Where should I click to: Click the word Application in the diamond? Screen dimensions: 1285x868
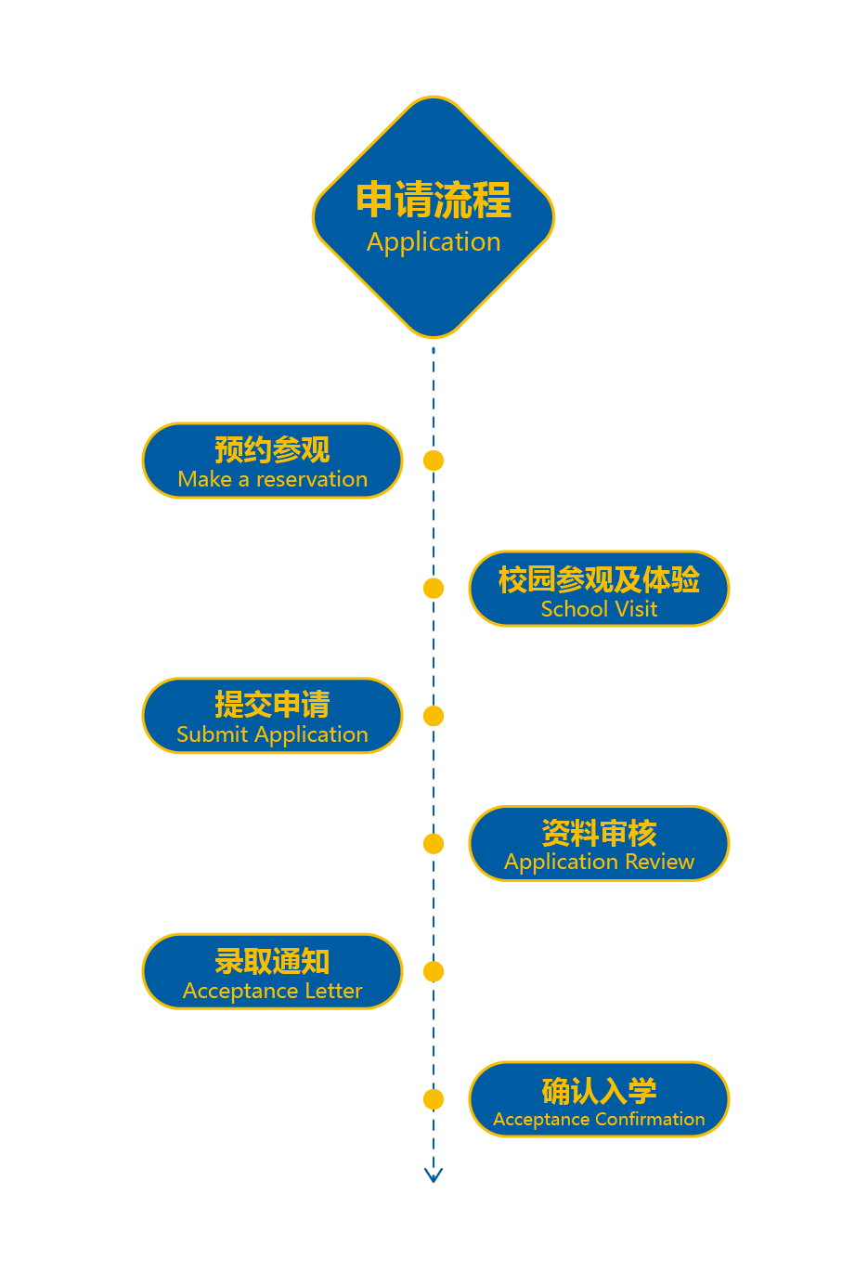(x=434, y=242)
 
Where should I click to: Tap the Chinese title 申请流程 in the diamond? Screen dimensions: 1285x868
(x=434, y=200)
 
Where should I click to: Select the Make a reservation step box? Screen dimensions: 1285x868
(x=272, y=461)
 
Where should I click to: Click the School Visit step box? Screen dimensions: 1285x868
(x=599, y=589)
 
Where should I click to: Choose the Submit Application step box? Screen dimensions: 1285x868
(x=272, y=716)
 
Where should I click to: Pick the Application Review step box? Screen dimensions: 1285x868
(x=599, y=844)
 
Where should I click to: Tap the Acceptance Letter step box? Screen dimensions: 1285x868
(x=272, y=971)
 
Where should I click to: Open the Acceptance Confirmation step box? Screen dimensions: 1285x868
(x=599, y=1099)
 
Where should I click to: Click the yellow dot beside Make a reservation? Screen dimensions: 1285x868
(x=434, y=461)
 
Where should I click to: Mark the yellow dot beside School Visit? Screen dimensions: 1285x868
(x=434, y=589)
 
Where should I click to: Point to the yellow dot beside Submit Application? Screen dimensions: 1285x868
(x=434, y=716)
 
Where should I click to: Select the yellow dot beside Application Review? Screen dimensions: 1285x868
(x=434, y=844)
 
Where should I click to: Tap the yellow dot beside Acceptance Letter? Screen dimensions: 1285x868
(x=434, y=971)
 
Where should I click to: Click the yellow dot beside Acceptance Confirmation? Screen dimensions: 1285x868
(x=434, y=1099)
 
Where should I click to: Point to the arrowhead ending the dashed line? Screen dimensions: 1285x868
(x=434, y=1175)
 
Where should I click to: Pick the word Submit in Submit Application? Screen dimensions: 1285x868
(x=213, y=735)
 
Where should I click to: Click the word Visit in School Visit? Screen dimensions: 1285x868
(x=636, y=610)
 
